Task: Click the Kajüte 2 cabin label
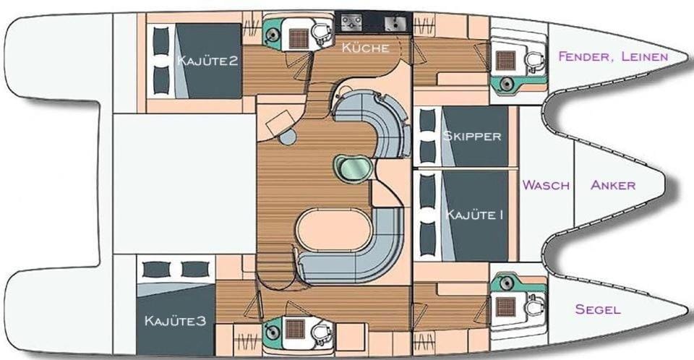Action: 207,60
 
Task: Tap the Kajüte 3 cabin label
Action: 175,320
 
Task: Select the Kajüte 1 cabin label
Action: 474,215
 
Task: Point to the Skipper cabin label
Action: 472,135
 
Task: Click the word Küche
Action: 366,48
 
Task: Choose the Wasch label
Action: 547,184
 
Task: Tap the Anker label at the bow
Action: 613,184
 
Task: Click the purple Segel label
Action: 598,309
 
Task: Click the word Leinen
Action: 645,56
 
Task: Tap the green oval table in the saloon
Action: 353,168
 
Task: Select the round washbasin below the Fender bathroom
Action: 506,83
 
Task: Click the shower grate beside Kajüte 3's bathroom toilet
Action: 294,330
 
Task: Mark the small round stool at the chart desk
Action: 287,137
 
